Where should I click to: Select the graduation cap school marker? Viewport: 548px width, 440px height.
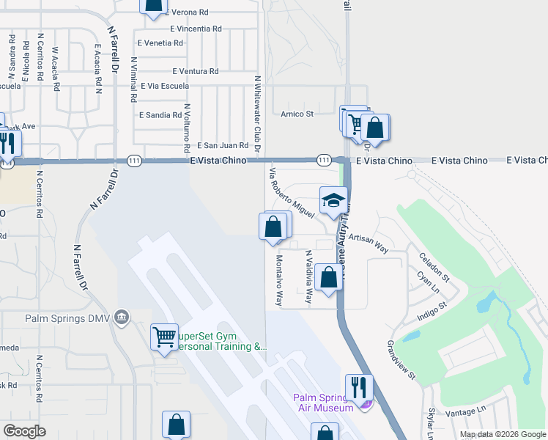point(333,201)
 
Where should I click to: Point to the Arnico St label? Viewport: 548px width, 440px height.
point(297,114)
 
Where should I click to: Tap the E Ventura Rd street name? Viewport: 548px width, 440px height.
point(196,71)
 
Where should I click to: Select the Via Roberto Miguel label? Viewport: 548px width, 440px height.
point(292,193)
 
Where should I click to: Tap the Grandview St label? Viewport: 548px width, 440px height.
point(401,359)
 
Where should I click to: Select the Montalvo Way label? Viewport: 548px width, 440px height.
point(279,280)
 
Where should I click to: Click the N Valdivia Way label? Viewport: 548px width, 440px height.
point(308,277)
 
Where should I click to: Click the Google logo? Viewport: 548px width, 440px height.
point(24,431)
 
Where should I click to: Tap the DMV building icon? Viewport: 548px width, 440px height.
point(122,318)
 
